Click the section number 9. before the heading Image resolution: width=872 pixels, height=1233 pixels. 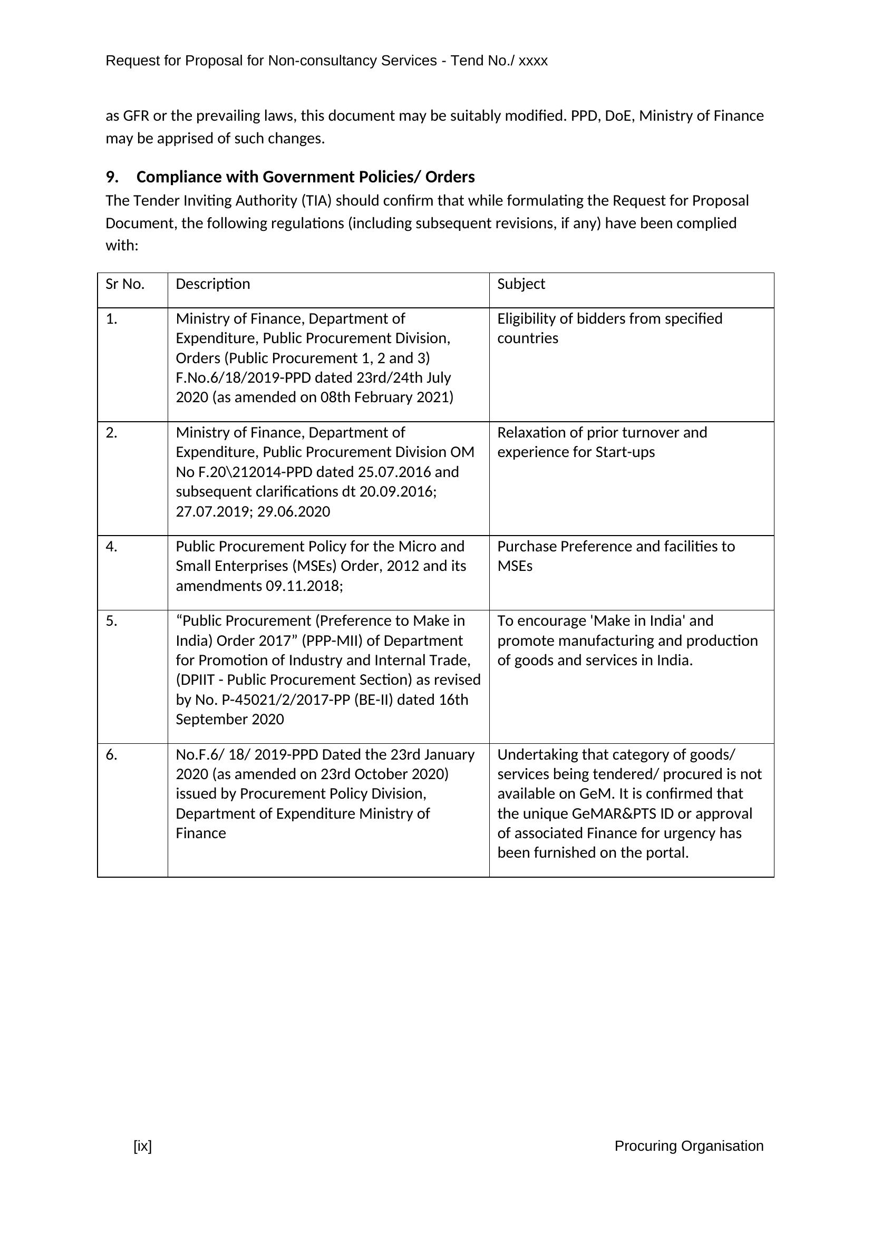tap(112, 177)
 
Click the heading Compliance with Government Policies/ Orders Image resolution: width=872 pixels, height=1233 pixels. tap(306, 177)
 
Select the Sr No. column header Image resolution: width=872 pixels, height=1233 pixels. tap(125, 284)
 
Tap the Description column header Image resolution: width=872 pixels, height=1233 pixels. tap(212, 284)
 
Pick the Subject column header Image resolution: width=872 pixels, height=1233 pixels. tap(521, 284)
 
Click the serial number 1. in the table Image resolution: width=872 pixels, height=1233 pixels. tap(112, 319)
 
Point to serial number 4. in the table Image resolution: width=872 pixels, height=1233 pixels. tap(112, 547)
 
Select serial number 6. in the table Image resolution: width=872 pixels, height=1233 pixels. tap(112, 755)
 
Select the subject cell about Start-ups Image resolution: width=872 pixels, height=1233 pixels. tap(602, 442)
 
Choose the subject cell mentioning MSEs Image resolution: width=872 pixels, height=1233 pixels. tap(615, 556)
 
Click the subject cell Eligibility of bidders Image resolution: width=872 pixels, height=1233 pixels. tap(609, 328)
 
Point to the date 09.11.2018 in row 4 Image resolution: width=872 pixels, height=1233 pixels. tap(303, 586)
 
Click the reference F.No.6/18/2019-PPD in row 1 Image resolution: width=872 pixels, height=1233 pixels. tap(243, 378)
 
